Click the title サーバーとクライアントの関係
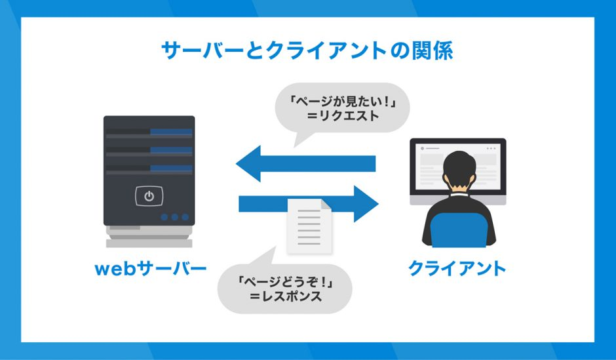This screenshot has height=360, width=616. click(307, 50)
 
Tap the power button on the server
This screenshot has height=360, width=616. click(149, 195)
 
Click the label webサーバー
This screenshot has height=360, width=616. click(151, 269)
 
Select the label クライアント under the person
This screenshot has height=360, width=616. click(457, 268)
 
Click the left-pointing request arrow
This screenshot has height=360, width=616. click(305, 163)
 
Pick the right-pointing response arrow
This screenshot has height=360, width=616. click(309, 204)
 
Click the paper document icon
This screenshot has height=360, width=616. click(309, 226)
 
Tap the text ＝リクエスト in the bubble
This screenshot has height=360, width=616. click(343, 116)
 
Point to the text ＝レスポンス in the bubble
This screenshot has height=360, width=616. click(286, 296)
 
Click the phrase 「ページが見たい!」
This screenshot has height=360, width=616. click(343, 102)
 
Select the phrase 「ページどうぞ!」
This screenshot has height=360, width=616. click(285, 281)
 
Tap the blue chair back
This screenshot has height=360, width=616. click(459, 230)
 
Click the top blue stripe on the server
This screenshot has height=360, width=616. click(171, 132)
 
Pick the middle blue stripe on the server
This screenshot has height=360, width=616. click(171, 150)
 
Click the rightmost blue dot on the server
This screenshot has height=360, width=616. click(185, 217)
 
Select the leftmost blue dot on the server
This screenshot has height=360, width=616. click(164, 217)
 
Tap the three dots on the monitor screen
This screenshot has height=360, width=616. click(491, 149)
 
